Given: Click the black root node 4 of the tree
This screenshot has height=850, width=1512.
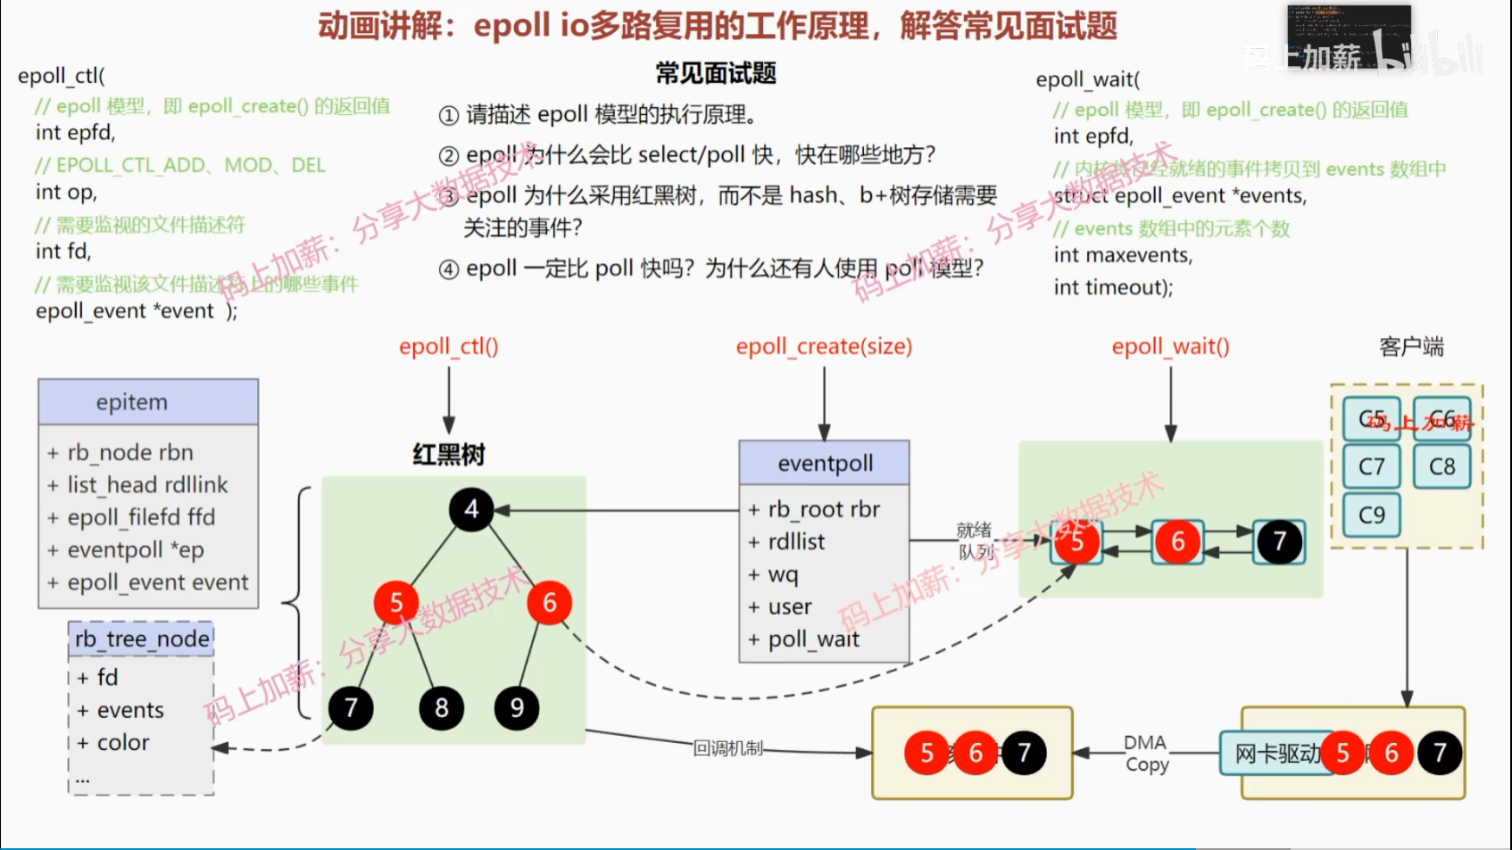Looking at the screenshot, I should tap(471, 509).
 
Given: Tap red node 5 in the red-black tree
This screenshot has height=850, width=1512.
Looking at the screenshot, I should tap(396, 604).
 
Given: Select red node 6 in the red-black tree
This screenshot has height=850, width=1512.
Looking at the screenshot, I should tap(550, 604).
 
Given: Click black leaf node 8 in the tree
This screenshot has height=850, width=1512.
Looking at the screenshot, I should tap(441, 708).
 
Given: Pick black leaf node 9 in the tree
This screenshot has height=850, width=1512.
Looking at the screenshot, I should tap(517, 708).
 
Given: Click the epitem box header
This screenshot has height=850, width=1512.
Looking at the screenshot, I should tap(148, 402).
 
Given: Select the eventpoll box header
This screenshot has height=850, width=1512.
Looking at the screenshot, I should tap(825, 463).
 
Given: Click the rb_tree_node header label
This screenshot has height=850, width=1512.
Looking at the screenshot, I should tap(142, 639).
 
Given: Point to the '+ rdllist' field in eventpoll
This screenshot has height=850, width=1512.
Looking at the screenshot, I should tap(787, 541).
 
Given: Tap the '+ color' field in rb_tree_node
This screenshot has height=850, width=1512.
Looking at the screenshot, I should tap(113, 742).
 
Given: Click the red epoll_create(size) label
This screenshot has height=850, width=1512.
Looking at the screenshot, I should tap(824, 346).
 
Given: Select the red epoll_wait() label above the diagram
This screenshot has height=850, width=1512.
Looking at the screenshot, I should tap(1170, 346).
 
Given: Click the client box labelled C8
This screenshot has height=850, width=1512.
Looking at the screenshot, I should tap(1441, 466).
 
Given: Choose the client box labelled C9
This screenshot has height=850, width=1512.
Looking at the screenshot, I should tap(1371, 515).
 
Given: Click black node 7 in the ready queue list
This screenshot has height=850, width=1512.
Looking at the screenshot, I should tap(1280, 541).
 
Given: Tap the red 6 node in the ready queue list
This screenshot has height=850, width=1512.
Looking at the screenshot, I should tap(1178, 541).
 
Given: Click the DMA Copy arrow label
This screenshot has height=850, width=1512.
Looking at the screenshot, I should tap(1146, 753).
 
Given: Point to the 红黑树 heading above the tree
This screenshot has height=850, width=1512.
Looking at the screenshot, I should tap(448, 455).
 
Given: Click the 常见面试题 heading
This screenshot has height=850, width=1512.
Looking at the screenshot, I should tap(716, 73).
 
